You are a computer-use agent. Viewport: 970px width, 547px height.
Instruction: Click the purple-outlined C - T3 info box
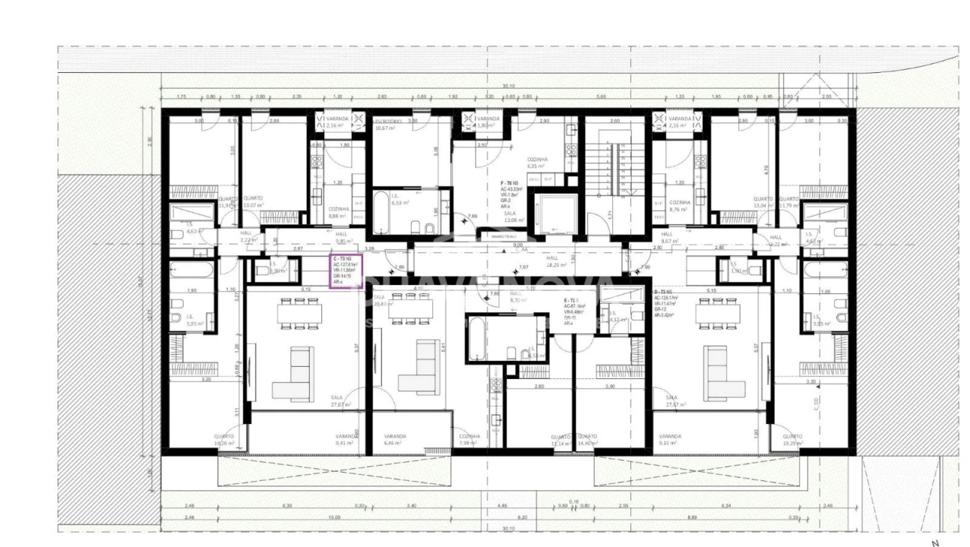(346, 271)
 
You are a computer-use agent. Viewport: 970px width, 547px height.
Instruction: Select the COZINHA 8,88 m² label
(339, 212)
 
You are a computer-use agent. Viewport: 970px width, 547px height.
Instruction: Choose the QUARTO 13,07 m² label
(253, 201)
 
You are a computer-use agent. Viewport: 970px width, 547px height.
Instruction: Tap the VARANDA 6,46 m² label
(395, 439)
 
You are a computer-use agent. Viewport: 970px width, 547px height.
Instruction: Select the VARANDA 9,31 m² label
(670, 439)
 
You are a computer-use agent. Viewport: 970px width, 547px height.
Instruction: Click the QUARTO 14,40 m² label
(586, 440)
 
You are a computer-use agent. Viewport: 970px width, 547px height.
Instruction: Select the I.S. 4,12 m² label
(618, 317)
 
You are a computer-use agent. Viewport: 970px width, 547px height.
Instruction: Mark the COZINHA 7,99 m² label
(469, 440)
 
